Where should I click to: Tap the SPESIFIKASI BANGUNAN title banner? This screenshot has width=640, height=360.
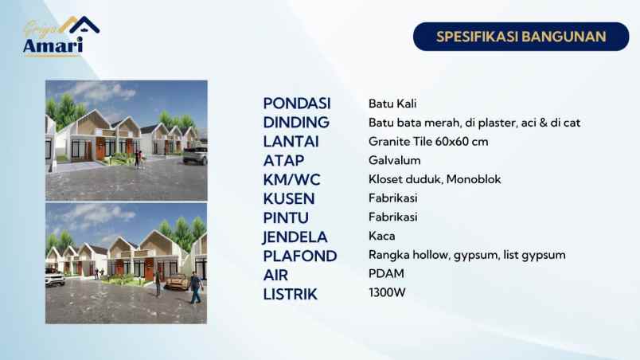521,37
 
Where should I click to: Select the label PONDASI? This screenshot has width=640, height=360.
296,104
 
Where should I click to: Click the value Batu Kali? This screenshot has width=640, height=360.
392,104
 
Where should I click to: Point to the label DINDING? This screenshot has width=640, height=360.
296,123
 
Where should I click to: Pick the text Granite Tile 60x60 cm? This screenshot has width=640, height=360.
428,142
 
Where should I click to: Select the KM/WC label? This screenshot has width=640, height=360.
291,180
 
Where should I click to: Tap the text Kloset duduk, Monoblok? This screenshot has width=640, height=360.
435,180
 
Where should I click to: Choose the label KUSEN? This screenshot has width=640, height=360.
288,199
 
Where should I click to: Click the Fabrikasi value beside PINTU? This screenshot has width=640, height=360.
392,217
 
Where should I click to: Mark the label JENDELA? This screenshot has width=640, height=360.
295,237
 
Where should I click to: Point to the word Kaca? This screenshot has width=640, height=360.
381,237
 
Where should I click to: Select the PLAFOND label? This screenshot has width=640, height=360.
299,256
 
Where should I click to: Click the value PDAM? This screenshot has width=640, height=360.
386,274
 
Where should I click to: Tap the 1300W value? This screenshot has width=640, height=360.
387,293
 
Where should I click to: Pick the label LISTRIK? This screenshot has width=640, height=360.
290,295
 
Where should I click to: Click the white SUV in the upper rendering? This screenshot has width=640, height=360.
196,155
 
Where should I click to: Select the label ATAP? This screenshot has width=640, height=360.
283,161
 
